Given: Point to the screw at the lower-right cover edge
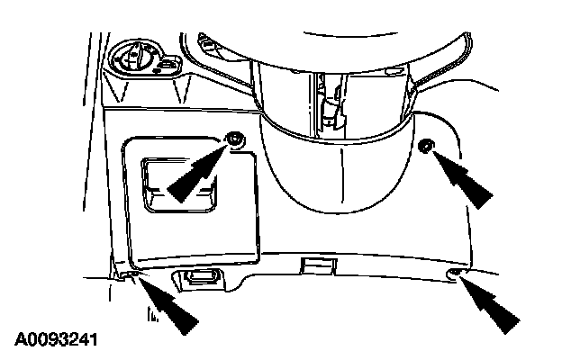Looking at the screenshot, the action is click(x=456, y=273).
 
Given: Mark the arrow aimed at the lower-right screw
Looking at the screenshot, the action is click(x=492, y=306).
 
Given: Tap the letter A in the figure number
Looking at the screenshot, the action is click(x=20, y=340).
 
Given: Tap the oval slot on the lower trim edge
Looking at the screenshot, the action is click(x=202, y=275).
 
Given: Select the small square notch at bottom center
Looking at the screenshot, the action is click(x=315, y=265).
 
